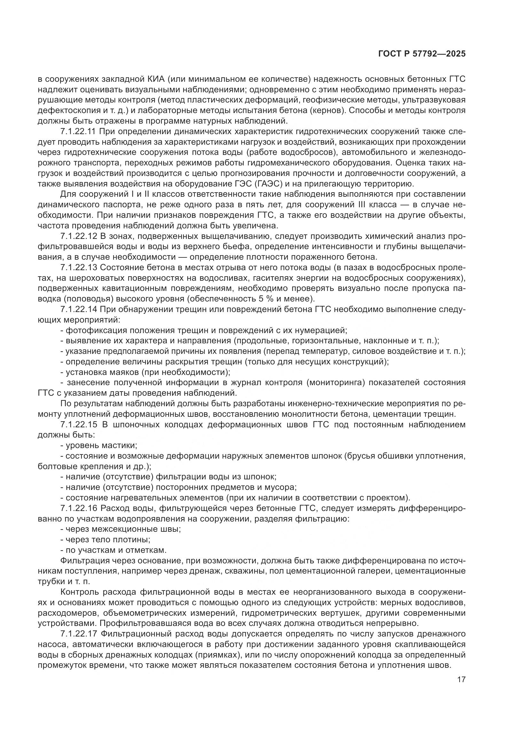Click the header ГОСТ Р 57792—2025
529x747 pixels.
tap(422, 54)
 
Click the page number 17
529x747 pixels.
tap(461, 679)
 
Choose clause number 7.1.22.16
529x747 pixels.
tap(78, 508)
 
